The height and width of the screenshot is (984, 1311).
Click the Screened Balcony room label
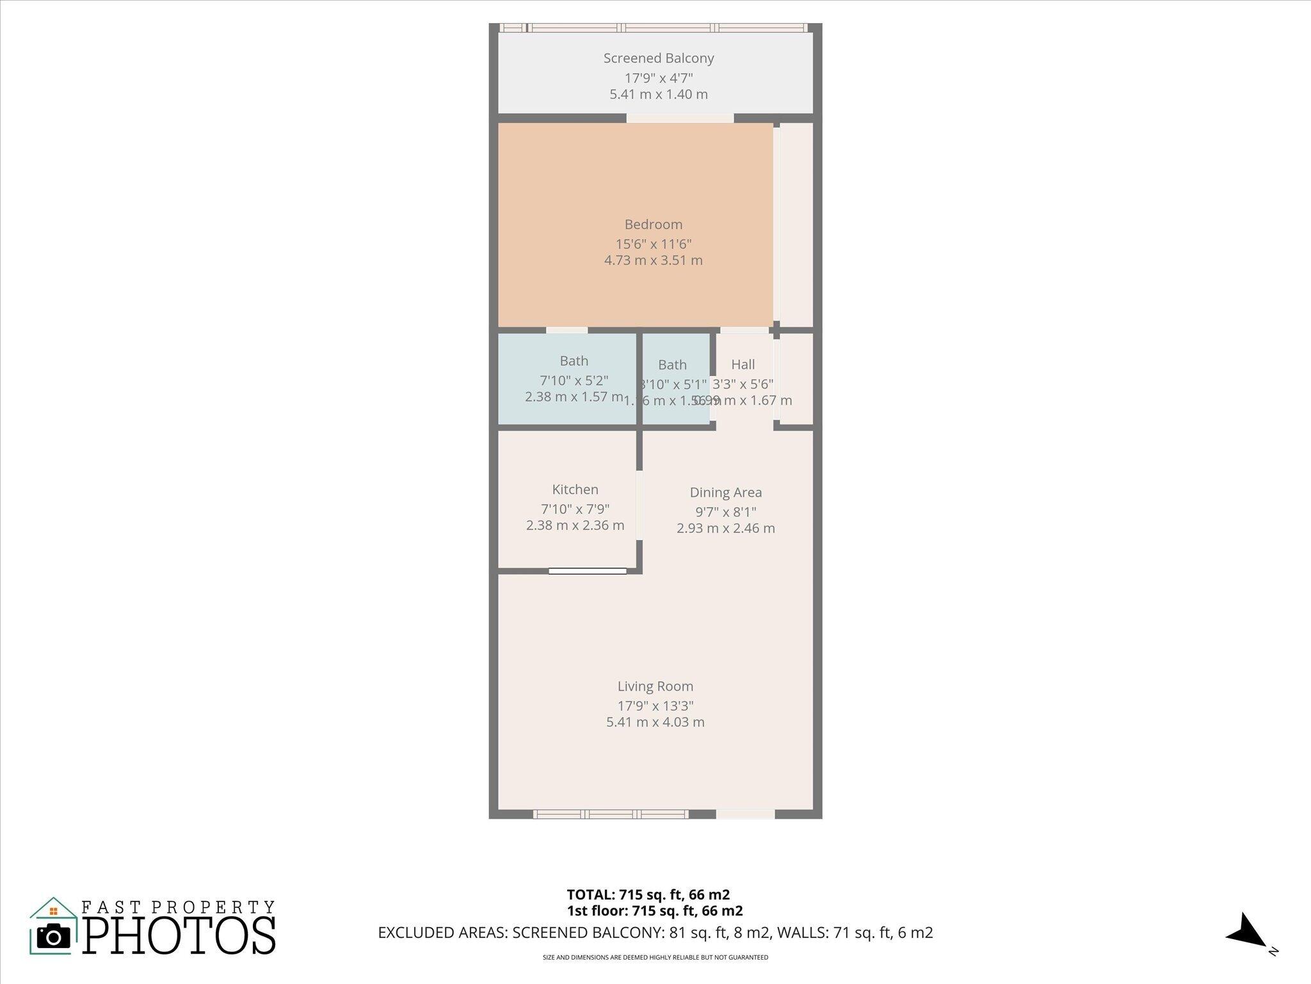click(x=658, y=58)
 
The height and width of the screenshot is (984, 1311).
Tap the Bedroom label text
click(x=653, y=224)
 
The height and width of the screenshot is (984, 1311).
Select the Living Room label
click(x=655, y=686)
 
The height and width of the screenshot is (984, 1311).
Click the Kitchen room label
click(x=575, y=489)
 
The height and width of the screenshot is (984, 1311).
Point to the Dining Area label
click(x=725, y=493)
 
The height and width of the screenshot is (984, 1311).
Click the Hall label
click(x=743, y=365)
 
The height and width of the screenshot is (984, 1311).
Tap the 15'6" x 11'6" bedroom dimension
click(x=653, y=244)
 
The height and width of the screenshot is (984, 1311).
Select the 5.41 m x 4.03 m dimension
click(x=655, y=722)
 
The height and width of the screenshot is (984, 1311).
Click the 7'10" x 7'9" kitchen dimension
click(x=575, y=509)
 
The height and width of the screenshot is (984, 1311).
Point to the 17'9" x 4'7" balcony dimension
click(x=658, y=78)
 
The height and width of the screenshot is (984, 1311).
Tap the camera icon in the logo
click(x=54, y=937)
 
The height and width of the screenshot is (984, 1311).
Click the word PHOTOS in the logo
click(x=179, y=936)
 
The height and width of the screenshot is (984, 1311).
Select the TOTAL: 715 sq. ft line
click(x=648, y=894)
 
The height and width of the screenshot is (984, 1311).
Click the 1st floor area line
click(x=654, y=910)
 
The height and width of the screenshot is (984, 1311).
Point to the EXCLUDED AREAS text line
click(x=655, y=933)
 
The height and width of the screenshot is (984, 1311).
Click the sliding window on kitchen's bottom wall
click(x=588, y=571)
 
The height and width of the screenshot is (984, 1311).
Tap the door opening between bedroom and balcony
click(x=679, y=118)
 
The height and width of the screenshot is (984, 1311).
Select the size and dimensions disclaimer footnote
click(x=655, y=958)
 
